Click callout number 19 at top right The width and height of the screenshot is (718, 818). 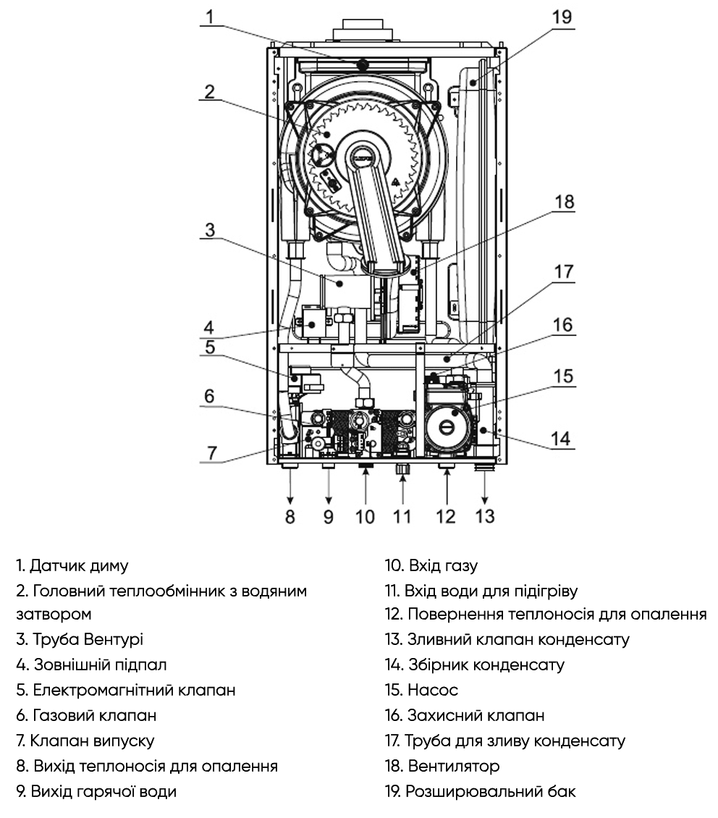[x=562, y=16]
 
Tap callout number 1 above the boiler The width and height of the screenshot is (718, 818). [x=209, y=16]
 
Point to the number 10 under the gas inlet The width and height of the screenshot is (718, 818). [x=366, y=516]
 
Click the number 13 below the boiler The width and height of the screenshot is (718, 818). [x=484, y=516]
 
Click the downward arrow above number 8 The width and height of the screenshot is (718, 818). [x=290, y=489]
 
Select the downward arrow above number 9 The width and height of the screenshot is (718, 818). [x=329, y=489]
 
